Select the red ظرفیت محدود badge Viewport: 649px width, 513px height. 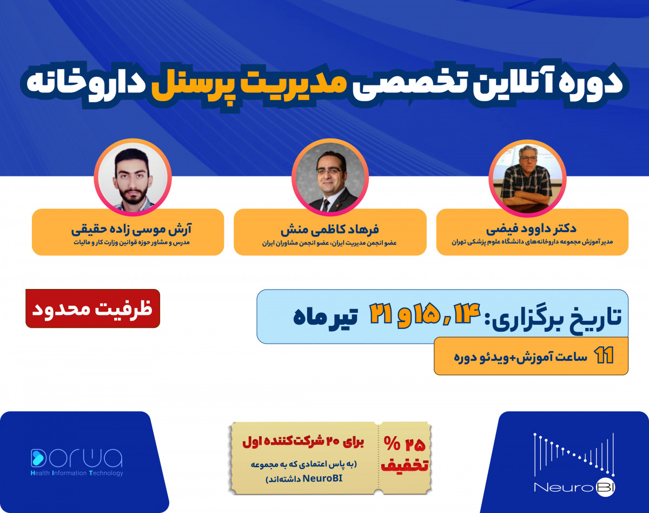pos(92,309)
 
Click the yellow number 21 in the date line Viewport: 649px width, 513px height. pos(381,314)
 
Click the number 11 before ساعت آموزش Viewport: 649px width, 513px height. pos(604,357)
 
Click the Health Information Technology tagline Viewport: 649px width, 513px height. pos(77,473)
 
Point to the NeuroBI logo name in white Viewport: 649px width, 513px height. pos(574,487)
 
